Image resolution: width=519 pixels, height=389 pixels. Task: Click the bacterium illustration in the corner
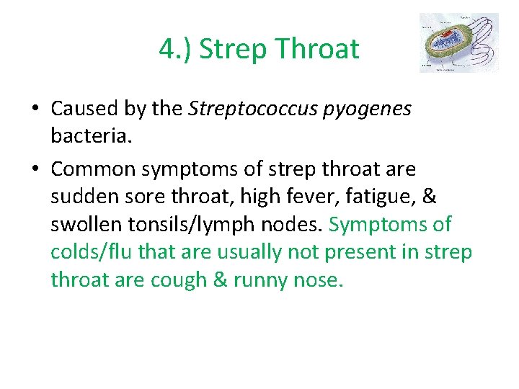(458, 43)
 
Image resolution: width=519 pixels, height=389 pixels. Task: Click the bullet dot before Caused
(35, 109)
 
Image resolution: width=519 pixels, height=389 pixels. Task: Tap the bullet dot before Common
(35, 170)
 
